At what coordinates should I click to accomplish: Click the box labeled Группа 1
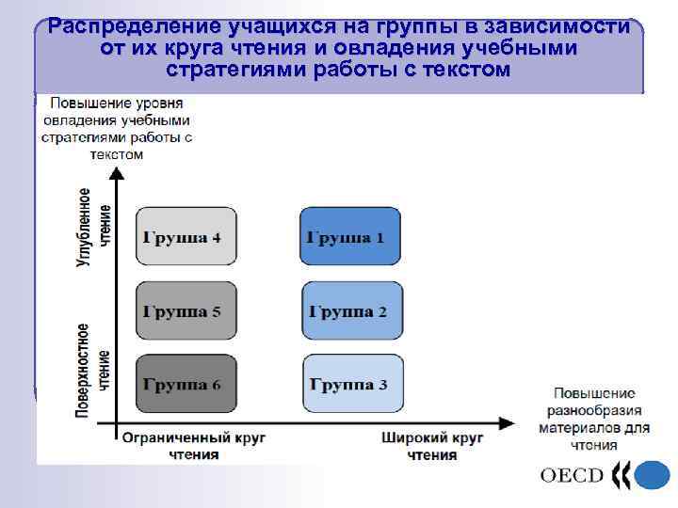pyautogui.click(x=350, y=237)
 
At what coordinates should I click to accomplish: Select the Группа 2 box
pyautogui.click(x=350, y=310)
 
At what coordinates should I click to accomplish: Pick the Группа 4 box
pyautogui.click(x=186, y=237)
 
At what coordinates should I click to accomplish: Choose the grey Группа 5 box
pyautogui.click(x=186, y=310)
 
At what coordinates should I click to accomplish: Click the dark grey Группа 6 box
pyautogui.click(x=186, y=384)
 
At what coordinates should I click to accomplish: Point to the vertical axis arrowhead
pyautogui.click(x=116, y=174)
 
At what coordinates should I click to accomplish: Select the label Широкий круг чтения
pyautogui.click(x=432, y=446)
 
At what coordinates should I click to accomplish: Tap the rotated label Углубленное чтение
pyautogui.click(x=94, y=227)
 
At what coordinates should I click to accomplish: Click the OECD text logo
pyautogui.click(x=572, y=474)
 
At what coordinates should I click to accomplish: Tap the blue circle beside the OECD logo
pyautogui.click(x=651, y=475)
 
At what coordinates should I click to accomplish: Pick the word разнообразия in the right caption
pyautogui.click(x=594, y=410)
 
